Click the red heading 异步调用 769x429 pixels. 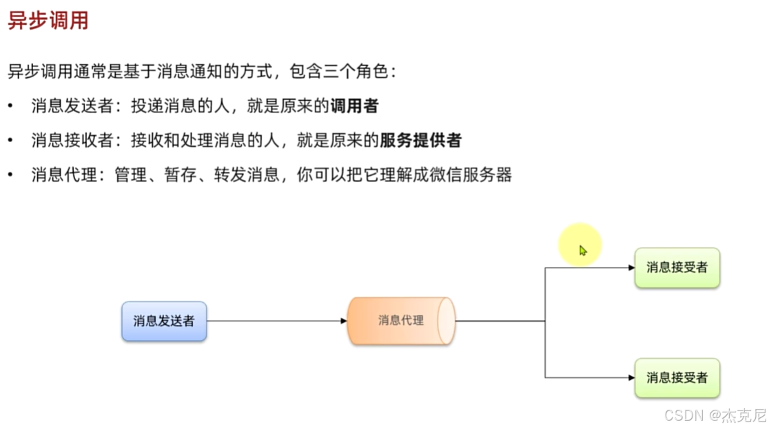point(48,21)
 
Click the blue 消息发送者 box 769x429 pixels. point(164,321)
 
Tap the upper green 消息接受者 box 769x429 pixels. point(677,268)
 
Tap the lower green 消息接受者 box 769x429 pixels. point(677,378)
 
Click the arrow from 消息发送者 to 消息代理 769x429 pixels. point(276,321)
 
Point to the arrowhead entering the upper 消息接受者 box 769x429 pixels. point(630,268)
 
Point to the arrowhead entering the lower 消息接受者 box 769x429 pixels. point(630,378)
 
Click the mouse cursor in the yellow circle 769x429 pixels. point(583,250)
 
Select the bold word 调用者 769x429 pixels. point(354,106)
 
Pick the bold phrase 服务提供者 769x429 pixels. point(420,141)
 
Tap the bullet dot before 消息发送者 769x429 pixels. point(10,106)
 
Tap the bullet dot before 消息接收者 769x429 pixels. point(10,141)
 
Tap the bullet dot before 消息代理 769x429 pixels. point(10,174)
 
